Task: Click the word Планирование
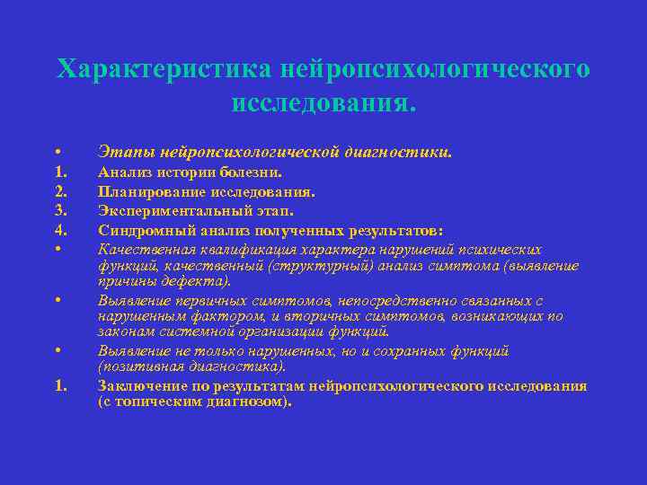click(x=153, y=191)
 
